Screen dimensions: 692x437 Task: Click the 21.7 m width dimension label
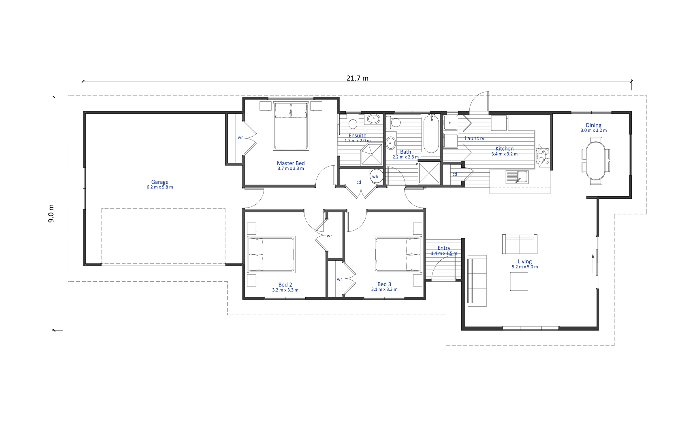(357, 78)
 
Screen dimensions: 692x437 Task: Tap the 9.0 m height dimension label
(51, 213)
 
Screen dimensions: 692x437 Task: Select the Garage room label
(160, 182)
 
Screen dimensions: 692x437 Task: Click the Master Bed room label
(291, 163)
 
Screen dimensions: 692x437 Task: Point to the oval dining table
(596, 161)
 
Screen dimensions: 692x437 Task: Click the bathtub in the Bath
(431, 134)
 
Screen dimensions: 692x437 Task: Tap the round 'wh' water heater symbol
(376, 176)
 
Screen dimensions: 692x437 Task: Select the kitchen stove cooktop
(543, 156)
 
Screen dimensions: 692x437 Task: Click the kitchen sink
(517, 177)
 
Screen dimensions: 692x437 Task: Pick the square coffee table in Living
(519, 281)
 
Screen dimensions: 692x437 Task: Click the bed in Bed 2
(271, 254)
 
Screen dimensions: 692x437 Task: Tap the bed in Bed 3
(398, 254)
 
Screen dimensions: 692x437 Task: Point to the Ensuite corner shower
(372, 154)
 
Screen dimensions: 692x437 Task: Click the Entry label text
(444, 248)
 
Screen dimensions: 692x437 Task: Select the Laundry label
(474, 138)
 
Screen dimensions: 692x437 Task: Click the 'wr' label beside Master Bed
(240, 137)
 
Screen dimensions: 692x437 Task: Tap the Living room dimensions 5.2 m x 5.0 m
(525, 267)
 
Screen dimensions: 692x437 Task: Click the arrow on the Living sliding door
(593, 264)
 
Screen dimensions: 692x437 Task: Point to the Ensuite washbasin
(373, 119)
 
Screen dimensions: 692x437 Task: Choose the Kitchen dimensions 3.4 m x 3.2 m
(504, 154)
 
